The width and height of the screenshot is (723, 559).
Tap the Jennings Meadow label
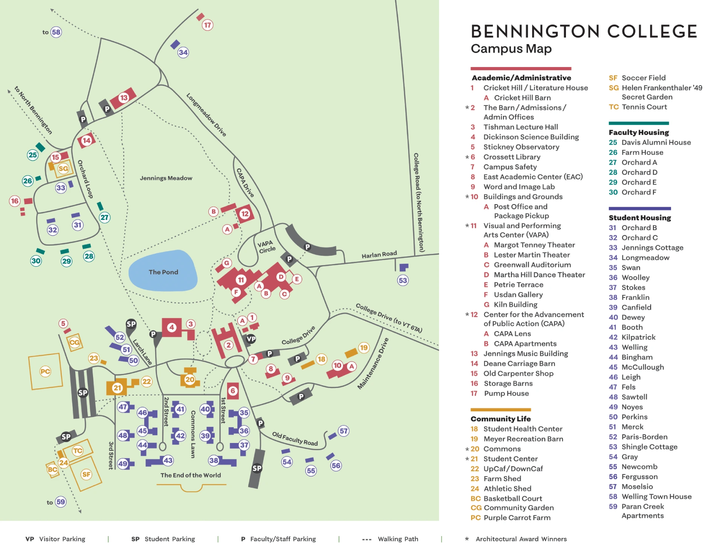pos(166,178)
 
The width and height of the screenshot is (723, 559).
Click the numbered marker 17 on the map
pos(207,25)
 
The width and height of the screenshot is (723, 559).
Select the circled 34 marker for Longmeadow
pos(183,52)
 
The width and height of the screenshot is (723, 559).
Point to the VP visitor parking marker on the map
pos(251,339)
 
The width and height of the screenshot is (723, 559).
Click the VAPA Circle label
pos(267,246)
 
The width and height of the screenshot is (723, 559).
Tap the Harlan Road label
pos(379,255)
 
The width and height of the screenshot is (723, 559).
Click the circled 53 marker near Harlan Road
pos(403,280)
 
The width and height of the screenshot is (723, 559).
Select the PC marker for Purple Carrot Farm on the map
pos(45,371)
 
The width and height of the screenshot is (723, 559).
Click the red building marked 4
pos(172,327)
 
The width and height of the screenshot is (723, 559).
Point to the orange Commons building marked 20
pos(190,379)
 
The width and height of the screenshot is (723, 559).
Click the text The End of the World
pos(191,475)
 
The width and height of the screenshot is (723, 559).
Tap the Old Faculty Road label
pos(295,439)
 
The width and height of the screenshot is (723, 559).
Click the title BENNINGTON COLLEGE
pos(584,32)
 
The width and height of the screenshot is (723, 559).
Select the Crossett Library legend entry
pos(511,157)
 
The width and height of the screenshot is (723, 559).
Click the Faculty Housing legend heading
pos(639,132)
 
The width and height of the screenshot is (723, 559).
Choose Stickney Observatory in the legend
pos(521,147)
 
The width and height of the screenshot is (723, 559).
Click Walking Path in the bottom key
pos(398,539)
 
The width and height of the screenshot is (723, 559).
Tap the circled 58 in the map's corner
pos(56,32)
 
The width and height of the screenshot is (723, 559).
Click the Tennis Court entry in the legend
pos(644,107)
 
